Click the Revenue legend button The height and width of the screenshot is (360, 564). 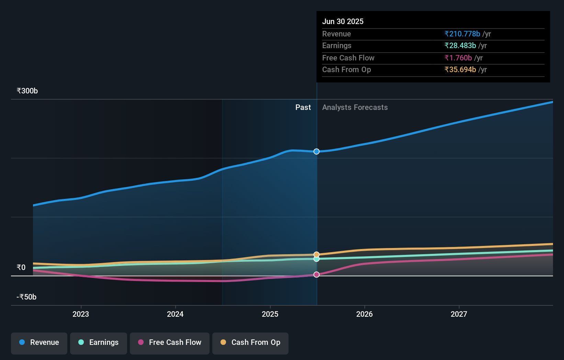coord(39,342)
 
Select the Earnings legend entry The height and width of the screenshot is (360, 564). coord(99,342)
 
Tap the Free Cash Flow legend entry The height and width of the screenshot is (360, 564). coord(170,342)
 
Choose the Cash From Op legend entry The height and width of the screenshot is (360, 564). coord(250,342)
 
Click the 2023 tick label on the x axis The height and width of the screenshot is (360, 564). coord(81,314)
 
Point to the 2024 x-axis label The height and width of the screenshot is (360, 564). coord(175,314)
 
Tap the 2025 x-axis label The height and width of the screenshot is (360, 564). coord(270,314)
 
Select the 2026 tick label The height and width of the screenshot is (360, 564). coord(364,314)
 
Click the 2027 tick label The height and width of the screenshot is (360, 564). coord(459,314)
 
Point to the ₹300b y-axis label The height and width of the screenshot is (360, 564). coord(27,91)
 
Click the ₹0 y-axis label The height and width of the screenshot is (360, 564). coord(21,268)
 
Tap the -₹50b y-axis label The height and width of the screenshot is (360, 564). coord(26,297)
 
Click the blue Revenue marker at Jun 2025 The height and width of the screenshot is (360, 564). coord(317,151)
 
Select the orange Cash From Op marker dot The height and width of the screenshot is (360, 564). coord(317,255)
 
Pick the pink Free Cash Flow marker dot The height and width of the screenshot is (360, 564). coord(317,274)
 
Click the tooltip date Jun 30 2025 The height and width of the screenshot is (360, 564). coord(343,21)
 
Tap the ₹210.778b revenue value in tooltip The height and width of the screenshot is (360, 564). coord(462,34)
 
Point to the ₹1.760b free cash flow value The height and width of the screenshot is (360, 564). coord(458,58)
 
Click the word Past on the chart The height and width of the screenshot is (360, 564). coord(303,108)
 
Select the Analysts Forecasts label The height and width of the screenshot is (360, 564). coord(355,108)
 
